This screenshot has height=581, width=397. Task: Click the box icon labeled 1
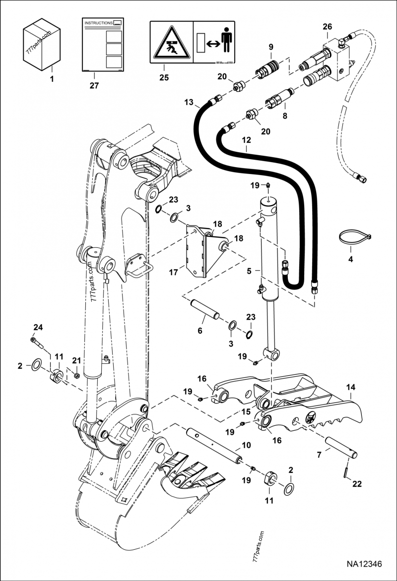[42, 45]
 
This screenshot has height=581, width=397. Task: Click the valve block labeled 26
[337, 57]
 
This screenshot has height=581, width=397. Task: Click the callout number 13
[188, 103]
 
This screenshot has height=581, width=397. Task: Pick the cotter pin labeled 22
[346, 471]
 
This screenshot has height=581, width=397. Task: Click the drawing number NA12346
[364, 564]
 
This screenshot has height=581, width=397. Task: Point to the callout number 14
[351, 387]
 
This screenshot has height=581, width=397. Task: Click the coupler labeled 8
[279, 96]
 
